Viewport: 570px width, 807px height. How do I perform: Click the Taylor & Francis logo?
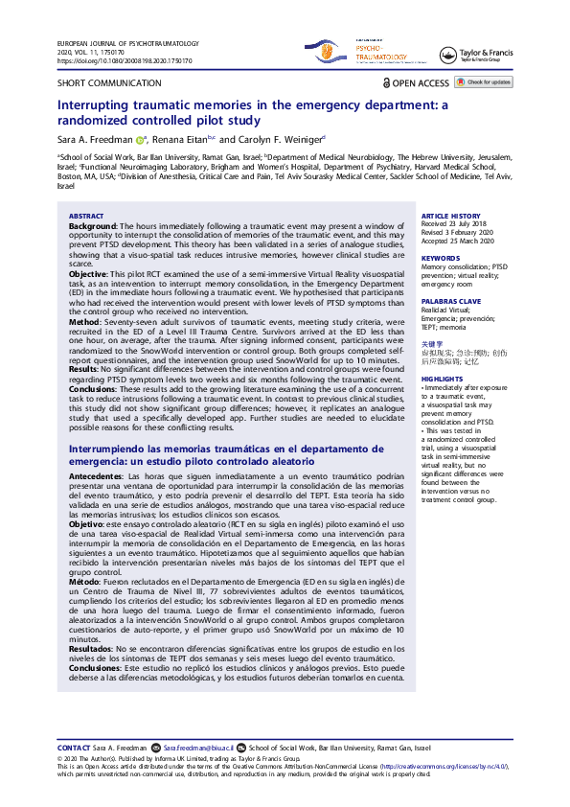coord(479,55)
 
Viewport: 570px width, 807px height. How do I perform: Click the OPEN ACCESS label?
coord(415,83)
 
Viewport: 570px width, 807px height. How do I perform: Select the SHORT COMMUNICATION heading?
coord(98,84)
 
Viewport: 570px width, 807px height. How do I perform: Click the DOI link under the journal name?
coord(125,60)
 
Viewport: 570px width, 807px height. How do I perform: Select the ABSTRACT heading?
coord(87,217)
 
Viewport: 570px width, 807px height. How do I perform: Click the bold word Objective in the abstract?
coord(89,273)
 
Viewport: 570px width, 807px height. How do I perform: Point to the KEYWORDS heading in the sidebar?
coord(442,258)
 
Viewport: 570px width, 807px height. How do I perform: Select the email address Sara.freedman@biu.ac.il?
coord(198,748)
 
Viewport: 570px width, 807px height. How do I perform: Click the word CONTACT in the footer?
coord(74,748)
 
